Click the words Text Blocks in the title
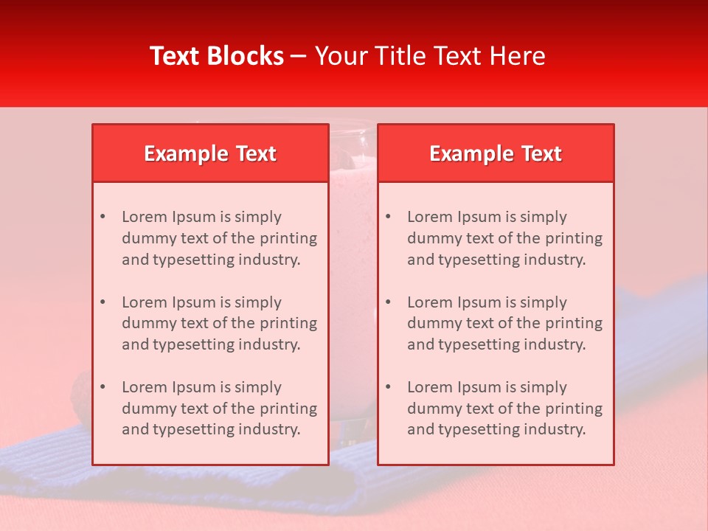[x=217, y=56]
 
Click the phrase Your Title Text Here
[x=430, y=56]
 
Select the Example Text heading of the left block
[x=210, y=153]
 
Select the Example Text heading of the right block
[x=496, y=153]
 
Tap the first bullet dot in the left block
[x=103, y=217]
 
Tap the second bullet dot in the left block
[x=103, y=302]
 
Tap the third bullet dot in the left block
[x=103, y=387]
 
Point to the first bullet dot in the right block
[x=389, y=217]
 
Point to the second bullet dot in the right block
[x=389, y=302]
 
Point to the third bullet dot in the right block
[x=389, y=387]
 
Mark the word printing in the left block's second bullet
[x=289, y=323]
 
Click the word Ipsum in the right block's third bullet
[x=480, y=387]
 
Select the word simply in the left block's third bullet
[x=258, y=387]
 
